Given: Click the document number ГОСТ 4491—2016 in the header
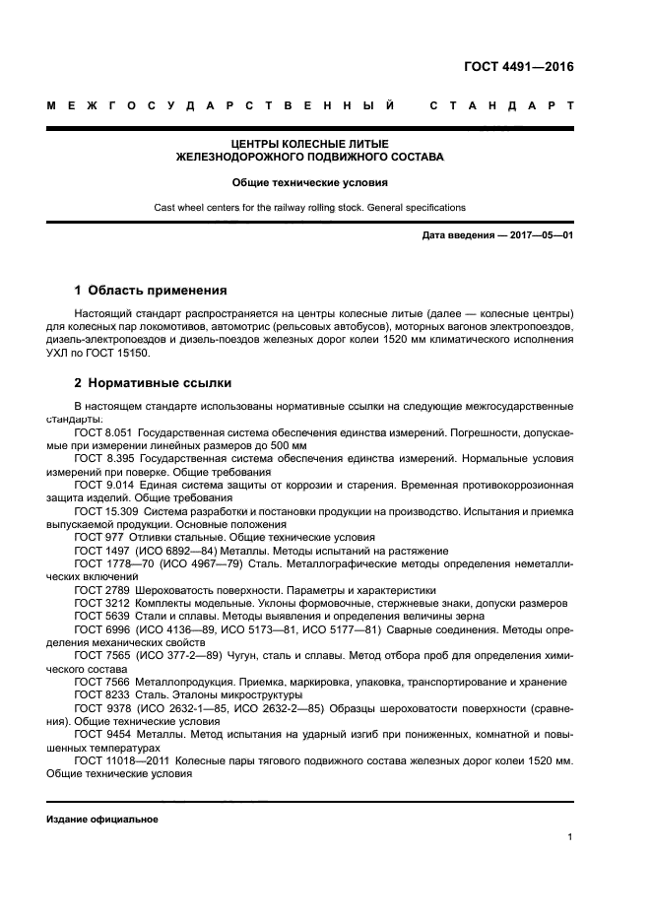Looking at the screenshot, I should [x=518, y=68].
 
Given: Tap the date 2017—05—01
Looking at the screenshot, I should [x=541, y=236].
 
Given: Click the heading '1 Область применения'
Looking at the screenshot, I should [x=151, y=291].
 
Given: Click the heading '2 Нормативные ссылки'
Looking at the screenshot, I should [x=153, y=382].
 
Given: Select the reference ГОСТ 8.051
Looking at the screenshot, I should [x=103, y=432].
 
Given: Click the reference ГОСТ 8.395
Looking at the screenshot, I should [x=103, y=458].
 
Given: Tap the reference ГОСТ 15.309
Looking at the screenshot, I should [x=105, y=510].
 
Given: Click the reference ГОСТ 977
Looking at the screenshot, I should [x=98, y=537].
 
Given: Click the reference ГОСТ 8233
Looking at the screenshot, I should [x=100, y=694].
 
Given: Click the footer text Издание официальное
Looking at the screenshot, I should [x=101, y=820].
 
